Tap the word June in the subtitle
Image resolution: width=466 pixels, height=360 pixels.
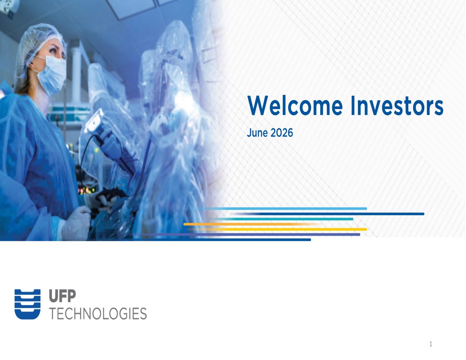257,133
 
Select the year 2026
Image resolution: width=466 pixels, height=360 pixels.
282,133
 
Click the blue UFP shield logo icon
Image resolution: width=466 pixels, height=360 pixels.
27,304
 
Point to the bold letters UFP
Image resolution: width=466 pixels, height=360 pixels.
62,296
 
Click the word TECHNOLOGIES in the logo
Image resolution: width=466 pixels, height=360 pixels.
98,314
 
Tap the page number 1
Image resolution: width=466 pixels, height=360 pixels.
431,344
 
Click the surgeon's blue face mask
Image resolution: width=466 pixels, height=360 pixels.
53,75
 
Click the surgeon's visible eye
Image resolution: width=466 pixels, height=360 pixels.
53,51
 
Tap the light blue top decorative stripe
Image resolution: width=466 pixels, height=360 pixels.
283,208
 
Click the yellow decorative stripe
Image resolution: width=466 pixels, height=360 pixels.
277,229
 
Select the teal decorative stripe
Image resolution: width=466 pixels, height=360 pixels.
281,219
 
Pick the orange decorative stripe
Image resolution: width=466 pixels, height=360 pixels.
252,224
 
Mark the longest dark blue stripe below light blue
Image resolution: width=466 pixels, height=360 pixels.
328,214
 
